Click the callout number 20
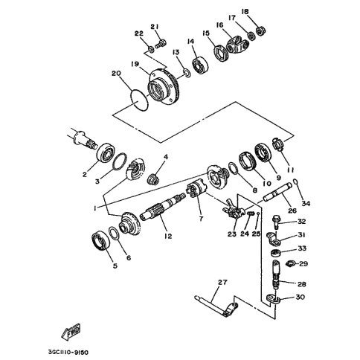coord(116,74)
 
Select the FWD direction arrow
coord(71,332)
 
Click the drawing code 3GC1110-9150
coord(68,353)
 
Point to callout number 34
coord(306,203)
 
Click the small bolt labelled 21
coord(161,44)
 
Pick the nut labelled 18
coord(260,31)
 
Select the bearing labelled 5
coord(100,240)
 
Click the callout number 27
coord(222,282)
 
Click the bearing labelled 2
coord(106,152)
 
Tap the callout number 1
coord(94,208)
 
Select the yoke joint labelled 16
coord(237,44)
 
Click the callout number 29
coord(303,263)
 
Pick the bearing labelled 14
coord(200,65)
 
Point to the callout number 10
coord(267,183)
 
